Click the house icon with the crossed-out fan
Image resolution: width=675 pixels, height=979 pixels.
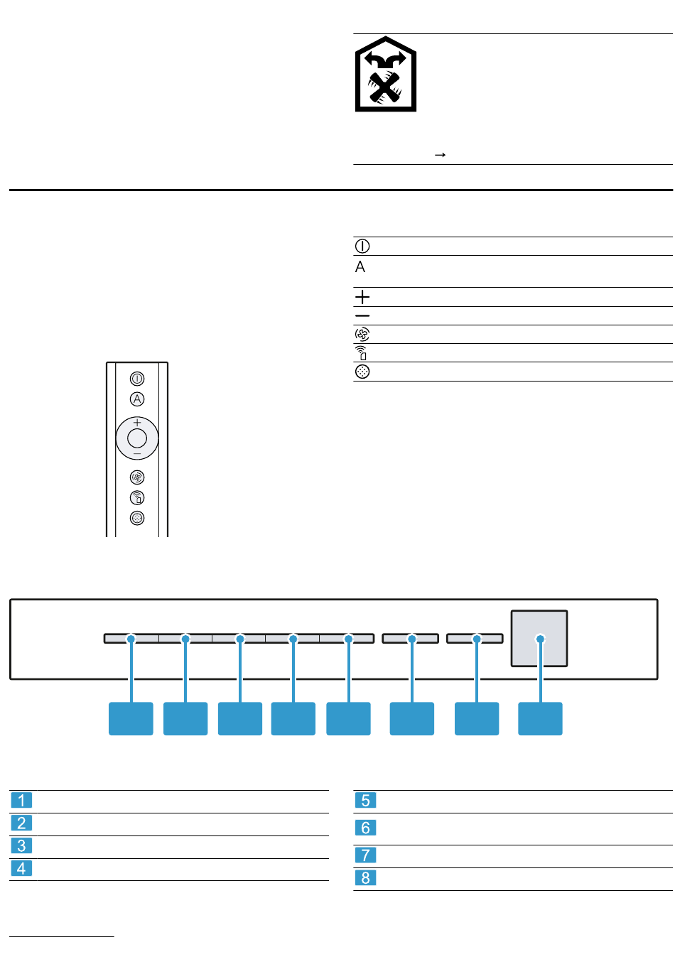pyautogui.click(x=385, y=74)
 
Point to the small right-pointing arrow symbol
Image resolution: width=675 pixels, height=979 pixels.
pyautogui.click(x=440, y=155)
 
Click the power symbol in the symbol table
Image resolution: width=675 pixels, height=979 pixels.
pyautogui.click(x=362, y=246)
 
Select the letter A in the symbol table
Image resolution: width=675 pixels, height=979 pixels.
pyautogui.click(x=360, y=266)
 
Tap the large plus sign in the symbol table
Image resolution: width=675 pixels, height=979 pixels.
pyautogui.click(x=362, y=297)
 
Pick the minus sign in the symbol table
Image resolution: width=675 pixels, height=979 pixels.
pyautogui.click(x=362, y=315)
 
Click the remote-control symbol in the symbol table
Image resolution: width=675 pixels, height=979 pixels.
pyautogui.click(x=361, y=352)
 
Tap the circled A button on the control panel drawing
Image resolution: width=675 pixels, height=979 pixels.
pyautogui.click(x=137, y=399)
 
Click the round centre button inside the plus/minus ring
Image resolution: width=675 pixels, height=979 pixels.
pyautogui.click(x=137, y=438)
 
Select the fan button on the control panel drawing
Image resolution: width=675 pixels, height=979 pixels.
pyautogui.click(x=137, y=477)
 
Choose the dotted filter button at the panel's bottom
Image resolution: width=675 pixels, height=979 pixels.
pyautogui.click(x=137, y=518)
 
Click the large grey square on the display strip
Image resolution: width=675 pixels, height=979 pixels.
pyautogui.click(x=539, y=639)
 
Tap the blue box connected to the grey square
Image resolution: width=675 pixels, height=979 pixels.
pyautogui.click(x=540, y=718)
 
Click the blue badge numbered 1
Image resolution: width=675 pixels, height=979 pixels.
pyautogui.click(x=21, y=800)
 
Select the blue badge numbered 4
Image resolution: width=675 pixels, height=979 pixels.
pyautogui.click(x=21, y=868)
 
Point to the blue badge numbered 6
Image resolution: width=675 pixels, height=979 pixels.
pyautogui.click(x=365, y=828)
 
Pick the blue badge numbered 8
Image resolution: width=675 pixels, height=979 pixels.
pyautogui.click(x=365, y=877)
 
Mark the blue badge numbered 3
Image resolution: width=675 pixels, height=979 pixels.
pyautogui.click(x=21, y=845)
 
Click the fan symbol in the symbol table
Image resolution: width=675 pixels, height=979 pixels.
pyautogui.click(x=362, y=335)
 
